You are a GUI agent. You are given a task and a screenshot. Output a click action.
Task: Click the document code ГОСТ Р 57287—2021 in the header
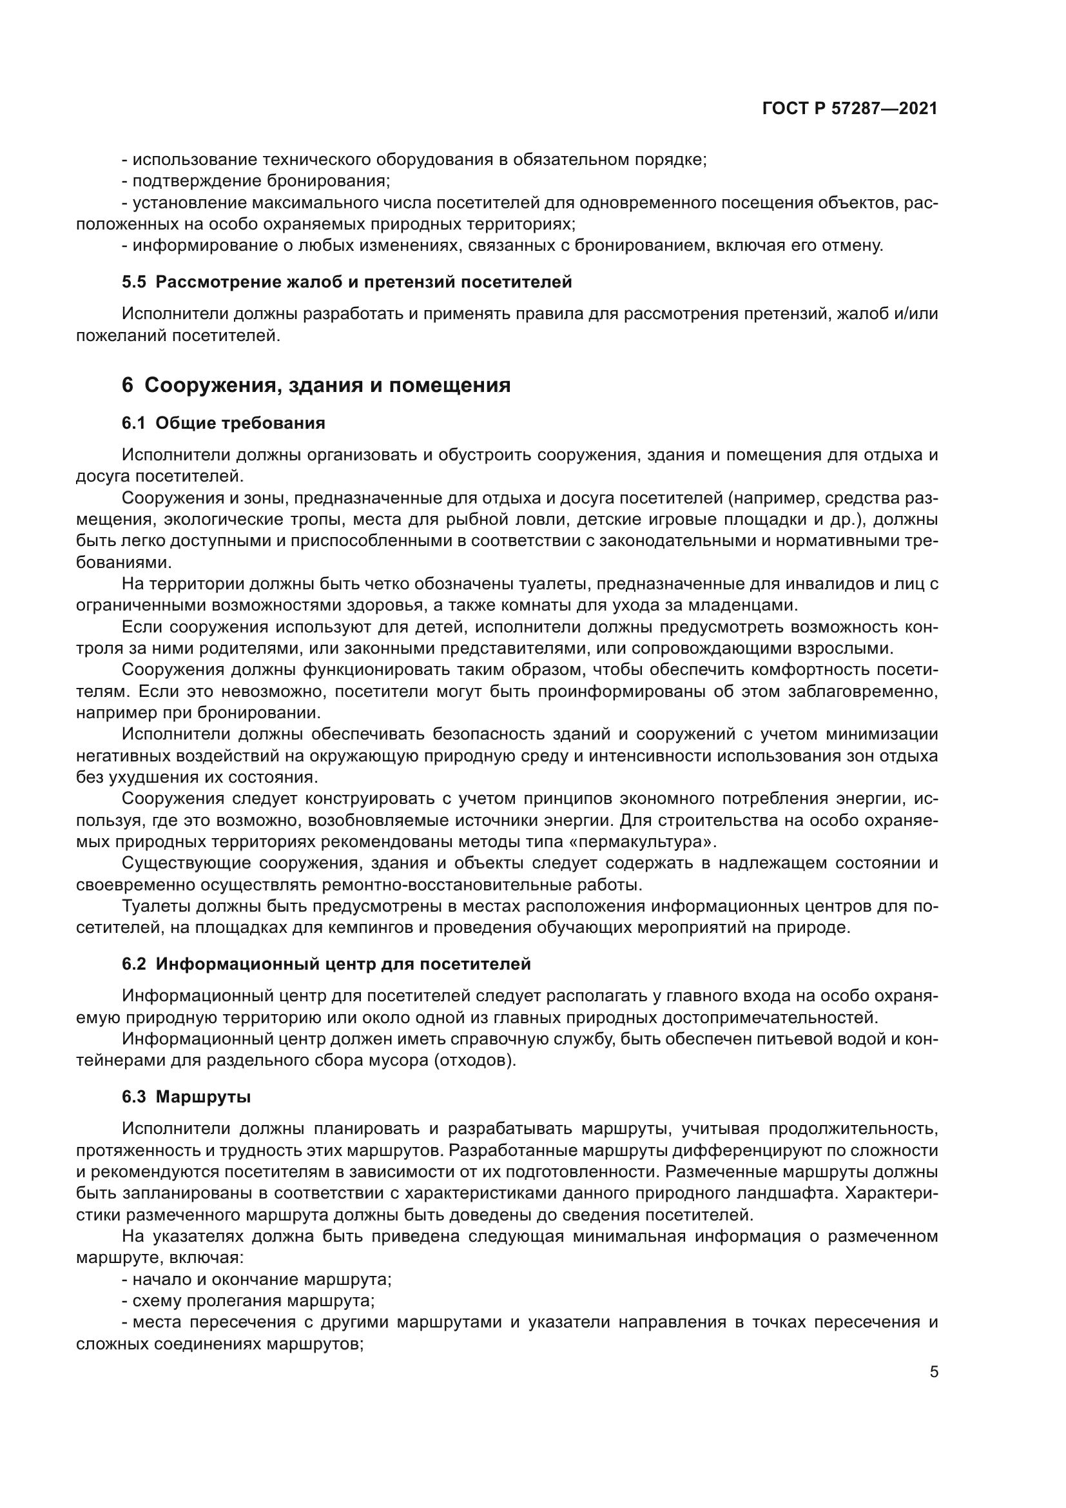point(850,109)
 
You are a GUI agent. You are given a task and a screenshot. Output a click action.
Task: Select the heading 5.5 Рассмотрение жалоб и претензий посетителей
point(347,282)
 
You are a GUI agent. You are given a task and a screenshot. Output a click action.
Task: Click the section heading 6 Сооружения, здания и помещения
point(316,385)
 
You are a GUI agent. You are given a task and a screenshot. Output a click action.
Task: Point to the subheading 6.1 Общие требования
point(223,424)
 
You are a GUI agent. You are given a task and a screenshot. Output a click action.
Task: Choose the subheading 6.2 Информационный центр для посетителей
point(326,964)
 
